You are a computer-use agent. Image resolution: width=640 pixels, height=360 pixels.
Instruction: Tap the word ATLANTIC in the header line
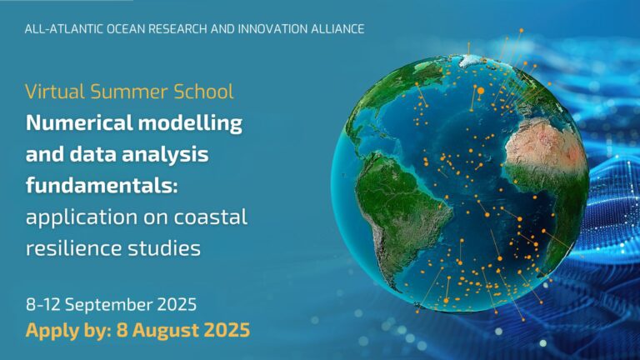pos(76,29)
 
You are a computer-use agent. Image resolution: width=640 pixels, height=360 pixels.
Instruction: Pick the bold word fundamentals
pos(102,186)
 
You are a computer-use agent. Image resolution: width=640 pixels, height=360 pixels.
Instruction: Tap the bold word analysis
pos(165,155)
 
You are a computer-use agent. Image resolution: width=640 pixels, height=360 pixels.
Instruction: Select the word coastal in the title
pos(211,217)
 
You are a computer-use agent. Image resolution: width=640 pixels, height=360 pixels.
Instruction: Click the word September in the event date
pos(108,305)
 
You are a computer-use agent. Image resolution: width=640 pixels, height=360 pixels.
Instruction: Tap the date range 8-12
pos(42,305)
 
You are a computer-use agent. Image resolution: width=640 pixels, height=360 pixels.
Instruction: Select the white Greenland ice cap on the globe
pos(469,60)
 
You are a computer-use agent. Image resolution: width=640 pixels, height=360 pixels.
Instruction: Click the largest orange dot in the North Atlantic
pos(481,91)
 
